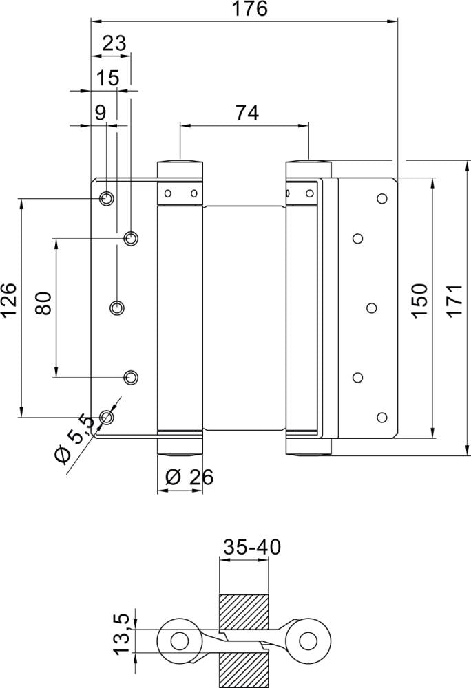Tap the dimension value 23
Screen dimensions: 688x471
click(114, 43)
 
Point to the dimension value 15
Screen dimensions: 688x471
click(108, 78)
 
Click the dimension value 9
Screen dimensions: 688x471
click(101, 113)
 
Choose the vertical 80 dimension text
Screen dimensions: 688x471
click(43, 303)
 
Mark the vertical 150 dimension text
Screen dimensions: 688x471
click(419, 299)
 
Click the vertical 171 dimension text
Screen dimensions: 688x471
click(454, 299)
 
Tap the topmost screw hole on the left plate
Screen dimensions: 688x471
click(106, 199)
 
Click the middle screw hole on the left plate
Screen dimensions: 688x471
click(118, 307)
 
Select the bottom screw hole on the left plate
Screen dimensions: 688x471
click(106, 416)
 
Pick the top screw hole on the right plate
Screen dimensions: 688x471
click(381, 199)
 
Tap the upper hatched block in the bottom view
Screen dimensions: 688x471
click(243, 611)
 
